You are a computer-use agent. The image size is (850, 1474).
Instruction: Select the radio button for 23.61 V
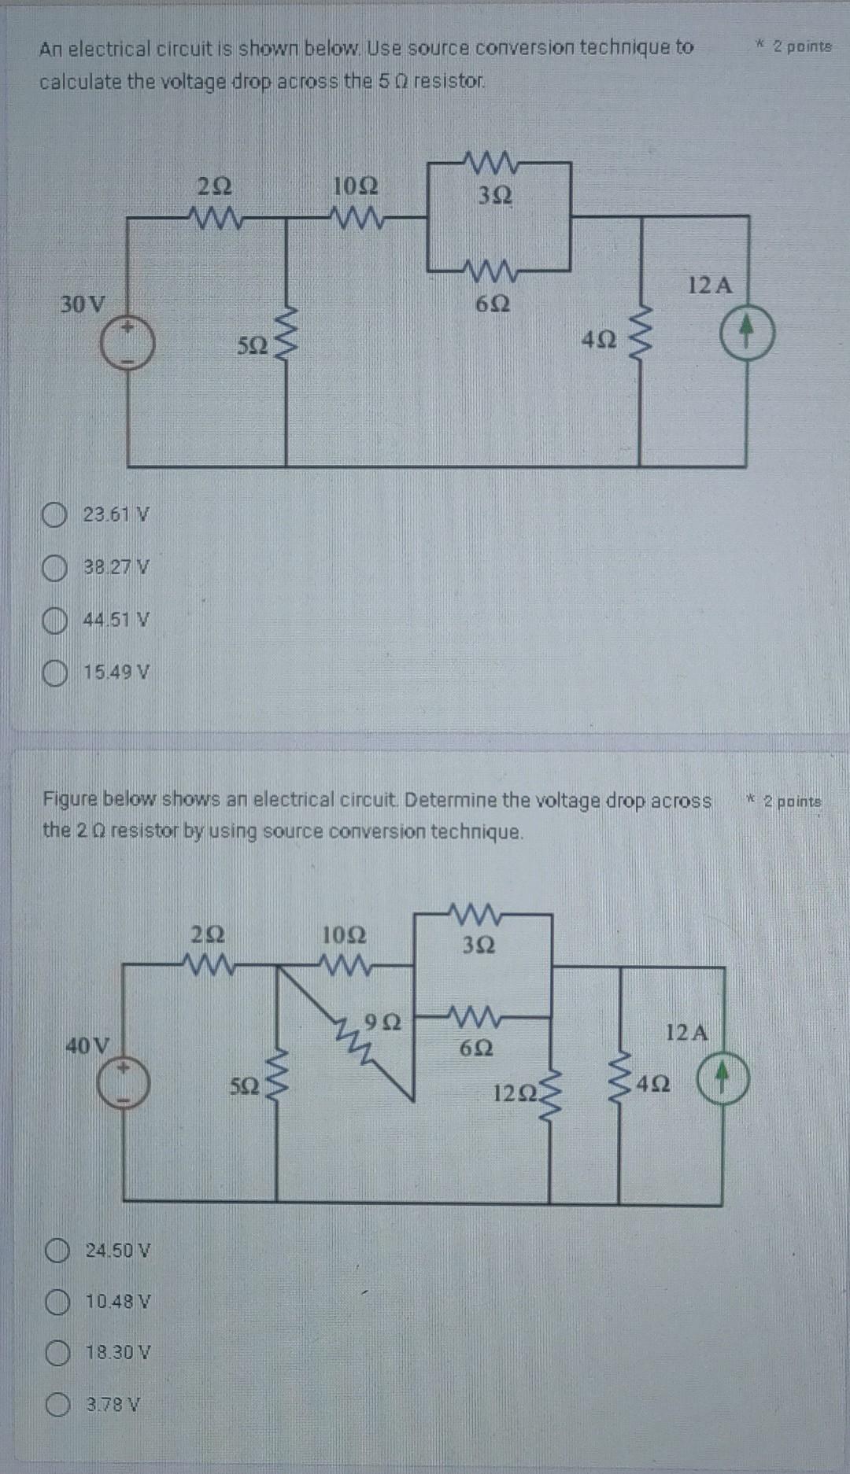tap(54, 516)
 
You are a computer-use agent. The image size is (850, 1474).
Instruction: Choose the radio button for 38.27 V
tap(54, 568)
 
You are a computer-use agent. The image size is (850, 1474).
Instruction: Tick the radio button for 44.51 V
tap(54, 621)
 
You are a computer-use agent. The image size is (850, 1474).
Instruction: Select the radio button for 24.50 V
tap(57, 1250)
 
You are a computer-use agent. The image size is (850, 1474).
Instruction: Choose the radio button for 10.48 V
tap(57, 1302)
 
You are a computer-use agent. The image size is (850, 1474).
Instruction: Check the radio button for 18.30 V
tap(57, 1354)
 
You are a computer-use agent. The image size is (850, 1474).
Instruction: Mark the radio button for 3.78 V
tap(57, 1406)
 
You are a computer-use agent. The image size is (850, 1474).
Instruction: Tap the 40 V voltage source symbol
tap(123, 1084)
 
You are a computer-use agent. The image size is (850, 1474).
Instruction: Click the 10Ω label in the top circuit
tap(356, 186)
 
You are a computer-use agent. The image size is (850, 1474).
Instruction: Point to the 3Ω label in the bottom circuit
tap(479, 945)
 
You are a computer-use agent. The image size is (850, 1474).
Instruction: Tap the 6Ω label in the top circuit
tap(493, 303)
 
